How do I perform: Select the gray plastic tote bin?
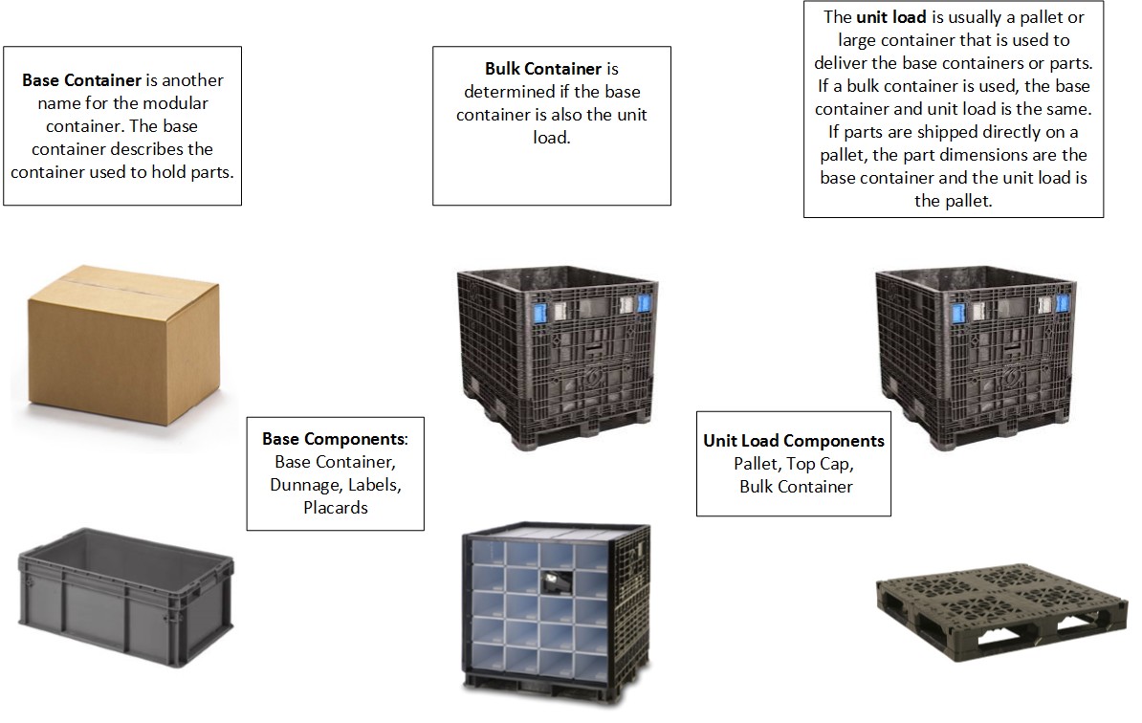pos(125,587)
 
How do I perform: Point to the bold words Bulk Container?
pos(543,69)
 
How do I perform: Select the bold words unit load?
pos(889,17)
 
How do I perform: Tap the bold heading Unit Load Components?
pos(794,441)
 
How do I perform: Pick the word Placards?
pos(336,508)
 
